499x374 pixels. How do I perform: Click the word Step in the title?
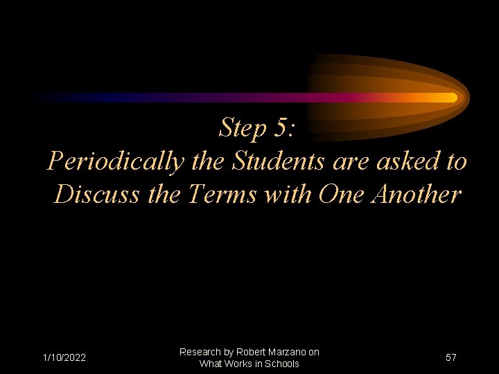coord(243,128)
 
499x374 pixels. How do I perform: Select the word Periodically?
coord(115,162)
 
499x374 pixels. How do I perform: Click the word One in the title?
coord(342,195)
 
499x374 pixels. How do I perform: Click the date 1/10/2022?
coord(64,357)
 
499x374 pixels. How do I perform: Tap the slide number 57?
coord(451,357)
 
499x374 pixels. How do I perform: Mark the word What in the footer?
coord(210,364)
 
